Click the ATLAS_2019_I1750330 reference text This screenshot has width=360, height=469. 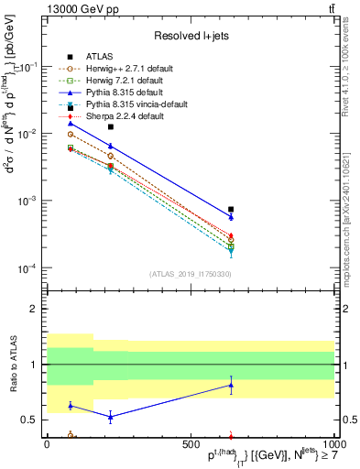(189, 274)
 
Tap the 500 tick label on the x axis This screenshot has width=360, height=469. (190, 444)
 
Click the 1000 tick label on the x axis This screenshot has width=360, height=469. (333, 444)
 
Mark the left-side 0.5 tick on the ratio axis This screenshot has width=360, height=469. (27, 420)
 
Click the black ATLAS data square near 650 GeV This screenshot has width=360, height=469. (231, 209)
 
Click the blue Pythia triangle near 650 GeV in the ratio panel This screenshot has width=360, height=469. (231, 386)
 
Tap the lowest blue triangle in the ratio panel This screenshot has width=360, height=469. (110, 417)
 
